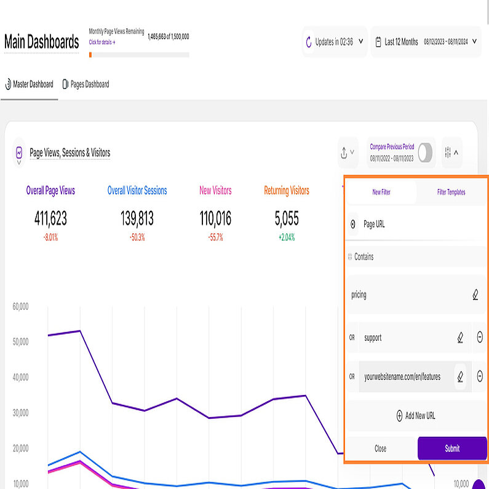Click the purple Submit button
[451, 448]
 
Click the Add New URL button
[416, 416]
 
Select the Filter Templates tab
[451, 192]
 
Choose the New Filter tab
[381, 192]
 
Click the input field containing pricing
[406, 295]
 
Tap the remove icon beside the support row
[480, 337]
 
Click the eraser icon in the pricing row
[475, 295]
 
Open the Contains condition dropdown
[412, 256]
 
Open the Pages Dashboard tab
[85, 84]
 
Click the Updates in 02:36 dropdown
[335, 42]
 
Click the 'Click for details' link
[102, 42]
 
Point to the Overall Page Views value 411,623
[50, 218]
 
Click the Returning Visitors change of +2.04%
[286, 237]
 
